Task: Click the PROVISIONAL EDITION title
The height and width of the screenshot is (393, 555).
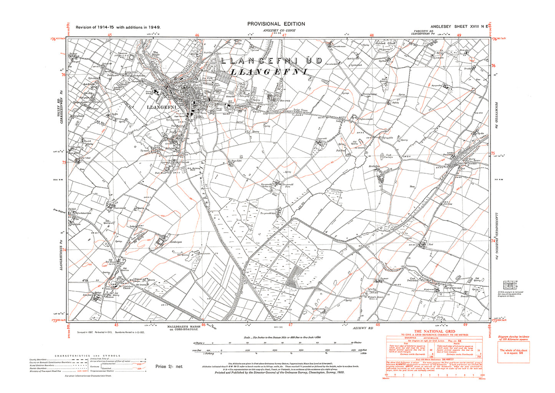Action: point(276,24)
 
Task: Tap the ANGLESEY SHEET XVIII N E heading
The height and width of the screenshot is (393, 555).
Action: point(459,27)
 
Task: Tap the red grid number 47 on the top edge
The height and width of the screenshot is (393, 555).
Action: point(285,35)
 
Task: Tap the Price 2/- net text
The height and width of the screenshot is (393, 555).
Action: point(169,366)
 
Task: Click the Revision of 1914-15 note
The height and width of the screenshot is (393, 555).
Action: point(118,27)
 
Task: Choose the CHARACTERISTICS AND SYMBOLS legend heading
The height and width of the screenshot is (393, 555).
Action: point(88,356)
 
